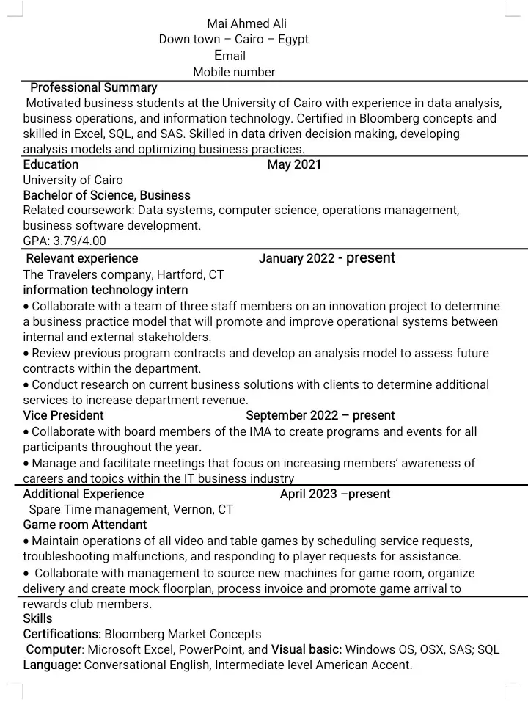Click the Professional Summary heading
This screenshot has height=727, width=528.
93,88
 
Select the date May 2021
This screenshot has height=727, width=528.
294,164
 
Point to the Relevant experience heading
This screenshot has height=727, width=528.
81,258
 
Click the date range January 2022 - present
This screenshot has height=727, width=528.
326,258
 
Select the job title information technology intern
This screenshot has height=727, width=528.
106,290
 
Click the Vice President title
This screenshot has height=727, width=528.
63,415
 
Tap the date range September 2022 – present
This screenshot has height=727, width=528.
320,415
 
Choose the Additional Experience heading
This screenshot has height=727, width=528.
84,494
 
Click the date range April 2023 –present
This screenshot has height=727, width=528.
335,494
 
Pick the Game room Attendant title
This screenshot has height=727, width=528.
85,525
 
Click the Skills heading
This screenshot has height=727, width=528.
37,618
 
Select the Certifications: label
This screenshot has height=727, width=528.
62,634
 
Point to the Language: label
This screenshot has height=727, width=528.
52,665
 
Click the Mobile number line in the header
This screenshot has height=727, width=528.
234,72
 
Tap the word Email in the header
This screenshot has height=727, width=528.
230,56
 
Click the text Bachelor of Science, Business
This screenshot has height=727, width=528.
106,195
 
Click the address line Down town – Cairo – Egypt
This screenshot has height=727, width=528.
233,40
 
